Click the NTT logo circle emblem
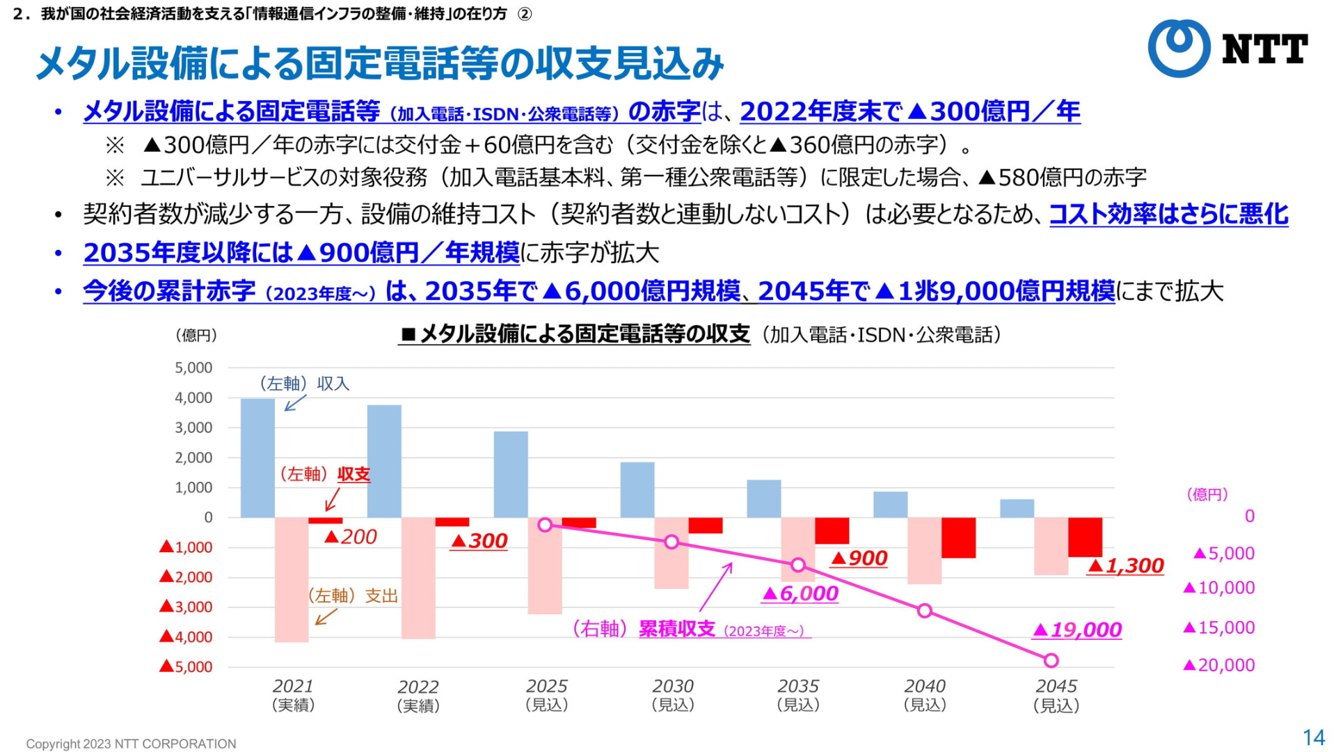[1179, 47]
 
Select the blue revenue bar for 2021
[257, 457]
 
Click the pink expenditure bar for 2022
[418, 578]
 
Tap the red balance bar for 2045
[1085, 537]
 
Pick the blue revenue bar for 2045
[1017, 508]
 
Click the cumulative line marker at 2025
[546, 525]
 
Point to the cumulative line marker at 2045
[1051, 660]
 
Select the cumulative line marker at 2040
[925, 611]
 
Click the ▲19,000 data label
[1076, 630]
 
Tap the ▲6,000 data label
[800, 594]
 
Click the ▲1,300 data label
[1125, 566]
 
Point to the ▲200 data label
[351, 537]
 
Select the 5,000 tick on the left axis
[193, 368]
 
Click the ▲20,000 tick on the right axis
[1219, 666]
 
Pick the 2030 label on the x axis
[673, 687]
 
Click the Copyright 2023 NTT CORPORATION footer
[131, 744]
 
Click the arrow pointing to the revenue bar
[295, 403]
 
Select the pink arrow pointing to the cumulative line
[716, 586]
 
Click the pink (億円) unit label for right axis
[1207, 494]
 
